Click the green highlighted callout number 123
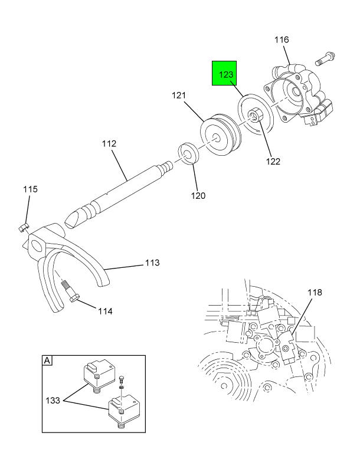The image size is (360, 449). pos(226,75)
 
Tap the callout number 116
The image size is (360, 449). pos(282,40)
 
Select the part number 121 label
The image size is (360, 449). pos(179,95)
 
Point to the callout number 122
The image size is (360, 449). pos(273,161)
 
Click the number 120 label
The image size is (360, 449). pos(198,195)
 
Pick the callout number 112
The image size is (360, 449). pos(109,143)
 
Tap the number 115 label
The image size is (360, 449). pos(30,189)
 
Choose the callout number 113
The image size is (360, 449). pos(152,263)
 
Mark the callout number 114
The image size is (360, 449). pos(105,311)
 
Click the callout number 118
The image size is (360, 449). pos(315,293)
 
